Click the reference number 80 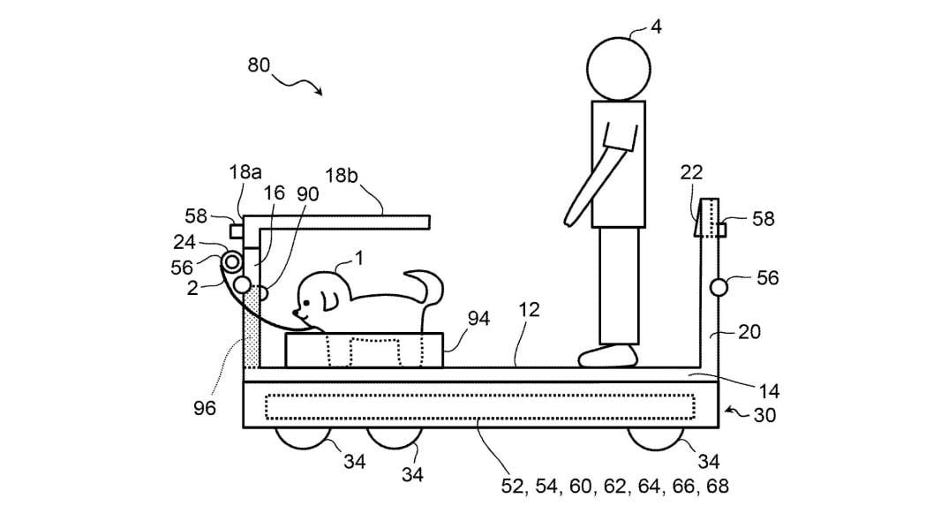(x=260, y=65)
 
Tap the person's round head (x=619, y=68)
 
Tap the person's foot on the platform (x=608, y=356)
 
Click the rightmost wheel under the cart (x=659, y=437)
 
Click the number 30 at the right (x=764, y=415)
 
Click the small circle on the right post (x=718, y=287)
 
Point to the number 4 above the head (x=656, y=26)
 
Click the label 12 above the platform (x=531, y=311)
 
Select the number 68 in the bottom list (x=718, y=486)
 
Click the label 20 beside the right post (x=748, y=332)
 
